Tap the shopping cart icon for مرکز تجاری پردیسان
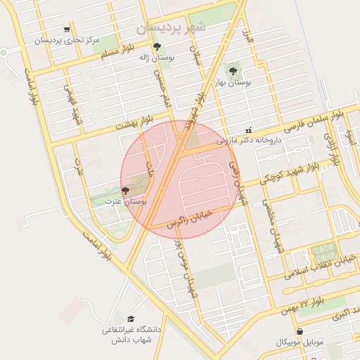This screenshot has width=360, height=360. tap(66, 30)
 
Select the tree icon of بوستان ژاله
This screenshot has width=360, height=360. tap(156, 47)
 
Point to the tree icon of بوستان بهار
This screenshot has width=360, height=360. tap(233, 70)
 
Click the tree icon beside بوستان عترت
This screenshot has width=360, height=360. tap(125, 191)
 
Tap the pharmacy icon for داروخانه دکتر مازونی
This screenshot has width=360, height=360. tap(248, 130)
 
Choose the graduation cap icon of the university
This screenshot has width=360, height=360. tap(131, 319)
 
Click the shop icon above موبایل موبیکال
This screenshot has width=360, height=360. tap(300, 331)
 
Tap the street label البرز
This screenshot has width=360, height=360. tap(247, 37)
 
